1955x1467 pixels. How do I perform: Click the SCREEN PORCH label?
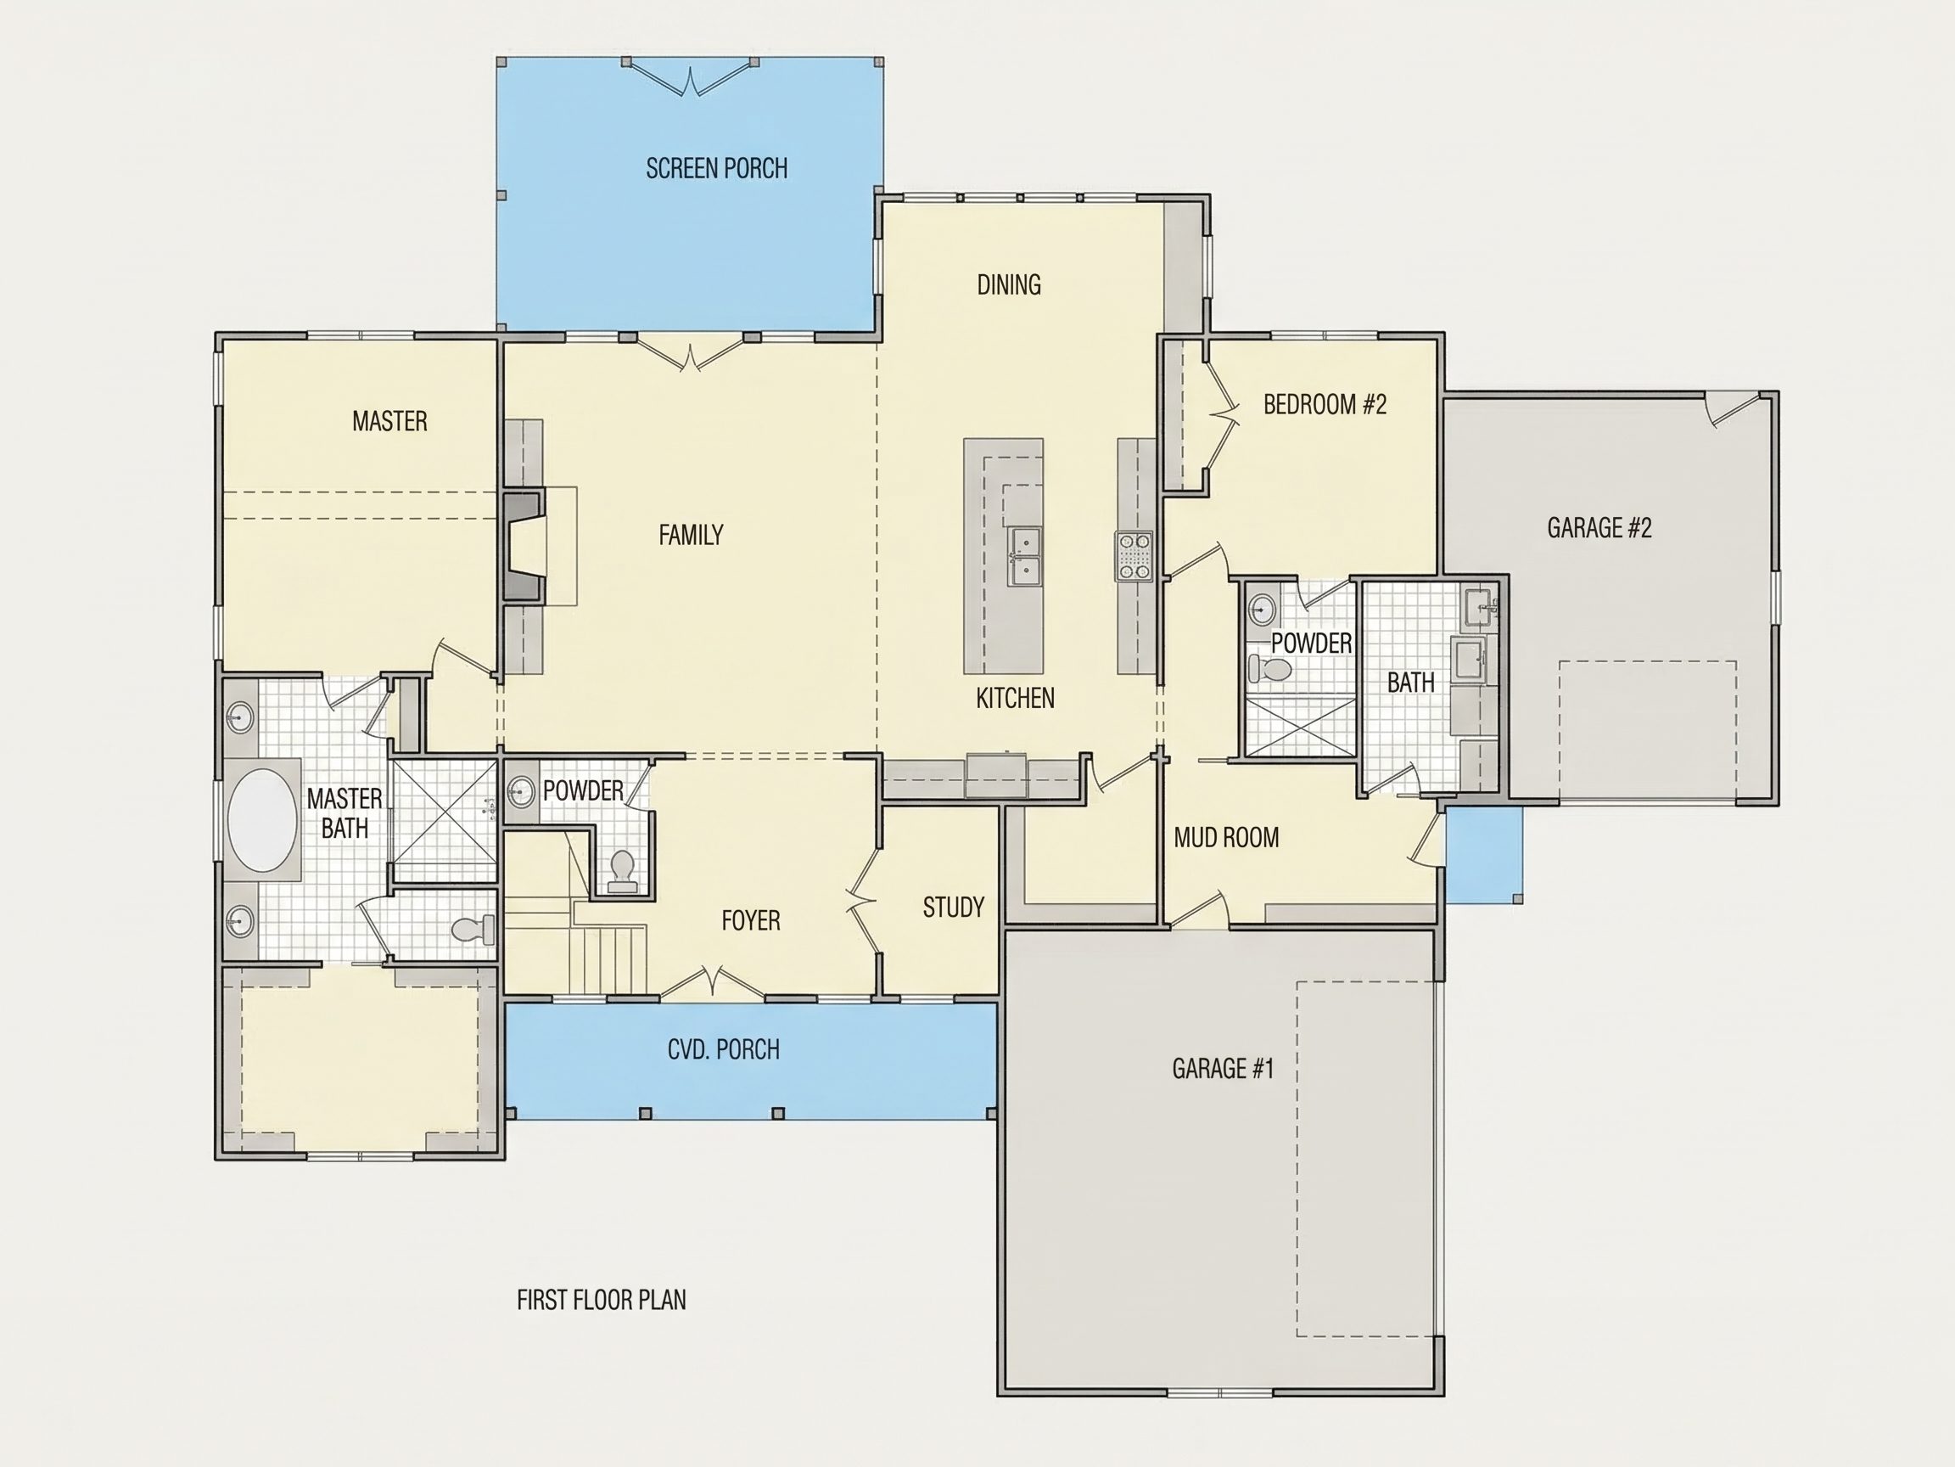click(x=717, y=168)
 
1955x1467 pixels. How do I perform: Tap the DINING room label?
click(x=1008, y=284)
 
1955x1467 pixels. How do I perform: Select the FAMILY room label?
click(x=692, y=535)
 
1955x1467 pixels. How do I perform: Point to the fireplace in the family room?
click(x=524, y=548)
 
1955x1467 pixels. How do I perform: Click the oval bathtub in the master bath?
click(x=261, y=821)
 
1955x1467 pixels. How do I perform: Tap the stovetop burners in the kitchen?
click(x=1134, y=555)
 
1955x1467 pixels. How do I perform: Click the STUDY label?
click(x=953, y=908)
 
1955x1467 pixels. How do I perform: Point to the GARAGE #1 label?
click(x=1224, y=1069)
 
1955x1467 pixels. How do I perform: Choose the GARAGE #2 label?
click(x=1599, y=528)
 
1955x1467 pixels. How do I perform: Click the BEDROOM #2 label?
click(x=1325, y=405)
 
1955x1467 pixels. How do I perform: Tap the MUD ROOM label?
click(x=1226, y=837)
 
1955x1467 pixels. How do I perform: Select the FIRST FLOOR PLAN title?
click(x=601, y=1300)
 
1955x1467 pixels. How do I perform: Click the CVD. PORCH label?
click(x=724, y=1049)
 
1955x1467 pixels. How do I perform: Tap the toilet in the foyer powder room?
click(x=622, y=871)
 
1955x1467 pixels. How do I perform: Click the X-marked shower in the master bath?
click(x=445, y=821)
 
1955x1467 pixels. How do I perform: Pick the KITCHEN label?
click(x=1015, y=699)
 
